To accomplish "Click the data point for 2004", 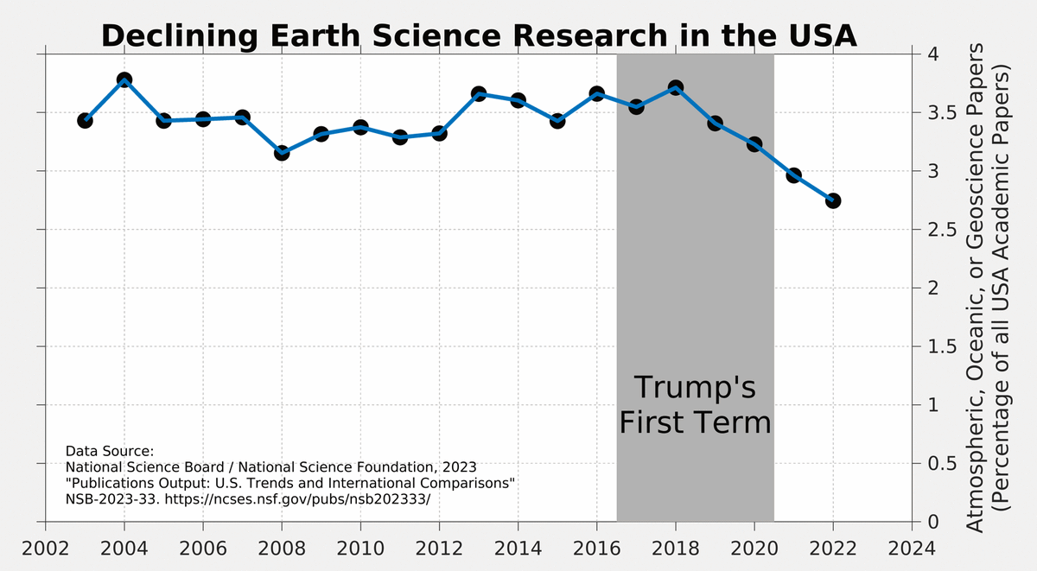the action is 124,79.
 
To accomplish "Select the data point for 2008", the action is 282,153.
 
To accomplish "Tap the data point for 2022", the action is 833,200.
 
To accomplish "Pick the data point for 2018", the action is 676,87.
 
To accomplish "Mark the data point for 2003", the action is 85,121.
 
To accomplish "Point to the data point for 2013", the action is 479,93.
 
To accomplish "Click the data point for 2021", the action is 793,175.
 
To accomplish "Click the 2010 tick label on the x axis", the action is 360,549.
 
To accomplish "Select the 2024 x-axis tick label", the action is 912,549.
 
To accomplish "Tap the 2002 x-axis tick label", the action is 45,549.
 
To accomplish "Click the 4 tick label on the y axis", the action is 933,54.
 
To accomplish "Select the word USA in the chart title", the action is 823,35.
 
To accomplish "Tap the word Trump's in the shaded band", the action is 695,387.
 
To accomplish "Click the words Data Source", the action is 109,451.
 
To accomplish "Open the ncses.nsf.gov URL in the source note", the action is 297,499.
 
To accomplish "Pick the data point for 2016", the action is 597,93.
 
